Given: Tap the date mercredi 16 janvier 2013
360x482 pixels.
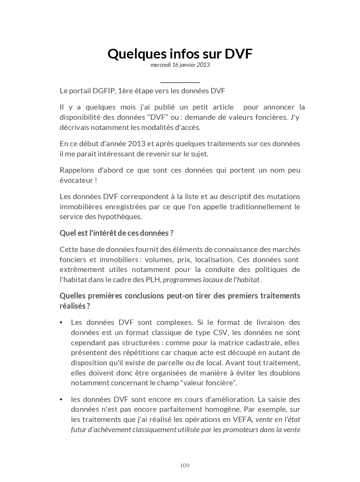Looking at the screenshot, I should click(180, 65).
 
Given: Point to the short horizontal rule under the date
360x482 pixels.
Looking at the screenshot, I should click(180, 82).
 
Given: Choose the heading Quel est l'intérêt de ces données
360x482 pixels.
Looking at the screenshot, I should click(116, 233).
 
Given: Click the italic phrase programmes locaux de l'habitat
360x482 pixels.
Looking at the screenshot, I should click(211, 280).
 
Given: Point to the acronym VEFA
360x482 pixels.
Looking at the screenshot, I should click(243, 419).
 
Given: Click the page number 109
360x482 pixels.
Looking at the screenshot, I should click(185, 466).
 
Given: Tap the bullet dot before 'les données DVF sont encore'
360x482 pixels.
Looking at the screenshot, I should click(61, 400).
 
